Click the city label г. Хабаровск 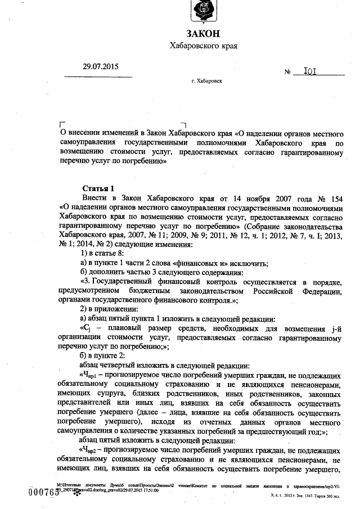click(x=206, y=82)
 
